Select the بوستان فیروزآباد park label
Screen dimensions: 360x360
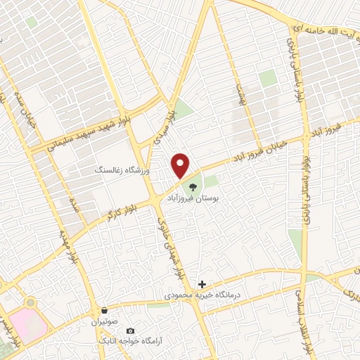193,199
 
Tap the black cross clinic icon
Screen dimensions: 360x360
202,285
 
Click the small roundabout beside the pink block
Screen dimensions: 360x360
30,303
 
